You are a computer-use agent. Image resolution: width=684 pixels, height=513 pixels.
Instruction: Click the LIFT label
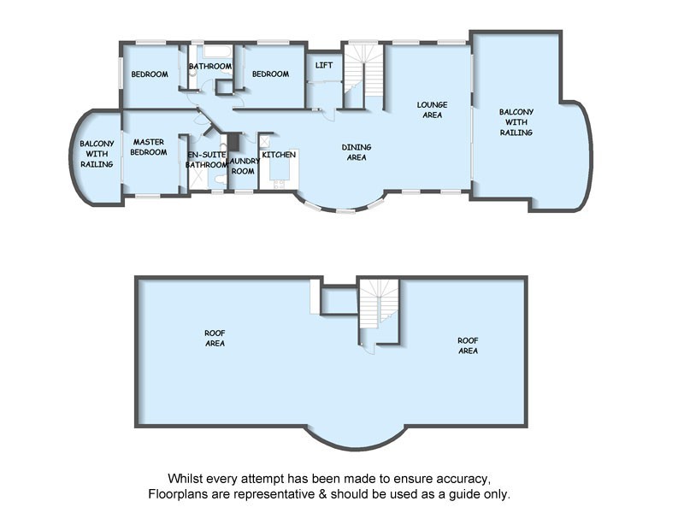(324, 65)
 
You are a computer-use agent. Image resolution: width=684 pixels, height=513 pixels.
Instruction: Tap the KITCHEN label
(279, 155)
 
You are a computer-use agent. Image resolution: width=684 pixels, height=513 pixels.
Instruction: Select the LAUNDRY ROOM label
(243, 166)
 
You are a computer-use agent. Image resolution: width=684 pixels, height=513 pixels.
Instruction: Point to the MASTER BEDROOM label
(148, 147)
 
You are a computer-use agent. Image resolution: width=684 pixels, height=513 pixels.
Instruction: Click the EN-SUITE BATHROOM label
(206, 159)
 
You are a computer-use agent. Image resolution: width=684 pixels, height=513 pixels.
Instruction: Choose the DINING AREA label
(356, 152)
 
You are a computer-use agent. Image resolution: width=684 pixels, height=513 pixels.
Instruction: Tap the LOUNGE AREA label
(432, 109)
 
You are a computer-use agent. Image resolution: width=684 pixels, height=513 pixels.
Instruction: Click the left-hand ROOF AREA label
(215, 338)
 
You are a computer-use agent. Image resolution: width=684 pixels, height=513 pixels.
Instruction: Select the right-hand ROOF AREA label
(468, 345)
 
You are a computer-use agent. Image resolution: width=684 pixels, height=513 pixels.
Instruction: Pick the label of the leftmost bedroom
(149, 74)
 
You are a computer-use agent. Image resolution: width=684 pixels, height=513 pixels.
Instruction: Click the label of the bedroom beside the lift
(270, 74)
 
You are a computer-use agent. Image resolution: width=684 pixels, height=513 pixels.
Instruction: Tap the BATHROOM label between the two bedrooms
(210, 66)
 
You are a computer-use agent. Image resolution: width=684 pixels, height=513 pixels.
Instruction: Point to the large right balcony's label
(516, 122)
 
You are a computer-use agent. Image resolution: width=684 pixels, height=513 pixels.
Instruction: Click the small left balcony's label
(97, 154)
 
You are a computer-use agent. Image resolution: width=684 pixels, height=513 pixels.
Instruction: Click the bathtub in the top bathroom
(212, 50)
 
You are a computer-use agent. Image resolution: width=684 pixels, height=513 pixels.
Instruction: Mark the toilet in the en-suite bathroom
(221, 179)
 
